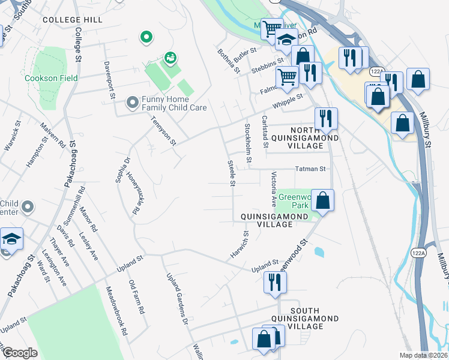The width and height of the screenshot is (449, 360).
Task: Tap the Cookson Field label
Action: (x=45, y=78)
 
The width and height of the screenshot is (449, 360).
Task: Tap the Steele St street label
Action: (x=230, y=173)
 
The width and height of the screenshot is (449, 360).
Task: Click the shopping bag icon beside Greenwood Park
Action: (x=323, y=200)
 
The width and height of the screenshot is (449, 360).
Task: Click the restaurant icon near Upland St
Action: (x=275, y=282)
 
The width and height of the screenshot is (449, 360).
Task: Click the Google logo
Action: (x=20, y=353)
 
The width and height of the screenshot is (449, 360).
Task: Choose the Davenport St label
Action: (x=109, y=79)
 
